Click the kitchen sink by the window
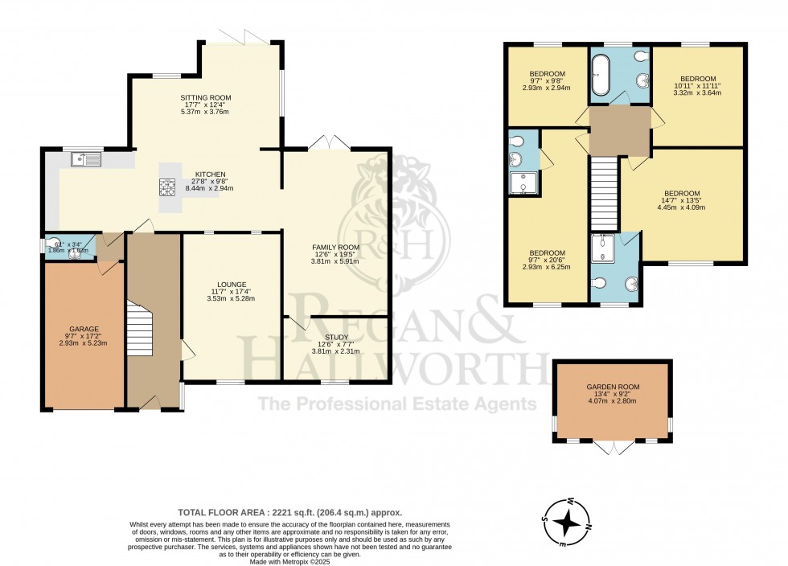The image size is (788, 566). (x=84, y=159)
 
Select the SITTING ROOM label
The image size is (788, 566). (x=203, y=96)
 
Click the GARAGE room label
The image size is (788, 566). (x=83, y=329)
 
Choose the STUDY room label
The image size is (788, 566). (x=336, y=337)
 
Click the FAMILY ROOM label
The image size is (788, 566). (x=336, y=247)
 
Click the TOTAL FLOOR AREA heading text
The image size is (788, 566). (x=289, y=512)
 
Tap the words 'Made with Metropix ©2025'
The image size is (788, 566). (x=289, y=561)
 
